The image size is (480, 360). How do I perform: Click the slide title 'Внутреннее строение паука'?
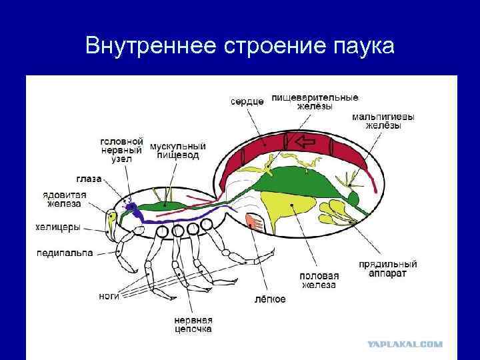240,46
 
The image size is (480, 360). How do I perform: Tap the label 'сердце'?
247,101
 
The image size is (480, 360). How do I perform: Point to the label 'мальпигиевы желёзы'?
383,121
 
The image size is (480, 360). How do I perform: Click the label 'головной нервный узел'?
121,150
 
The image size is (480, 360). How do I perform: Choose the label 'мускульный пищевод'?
177,151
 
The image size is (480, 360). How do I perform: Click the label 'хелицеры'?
58,227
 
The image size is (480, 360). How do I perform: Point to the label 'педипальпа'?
64,253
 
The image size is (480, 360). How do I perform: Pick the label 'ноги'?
109,296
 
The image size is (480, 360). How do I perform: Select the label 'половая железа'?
319,280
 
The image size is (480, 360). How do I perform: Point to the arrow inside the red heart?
305,141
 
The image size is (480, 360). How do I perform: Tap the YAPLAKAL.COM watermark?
405,345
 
